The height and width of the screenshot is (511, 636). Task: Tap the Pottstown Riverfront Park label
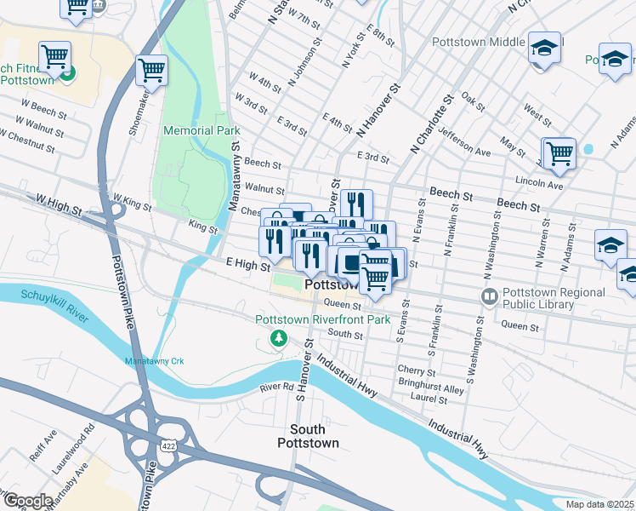click(322, 319)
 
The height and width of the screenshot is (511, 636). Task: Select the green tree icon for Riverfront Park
click(277, 339)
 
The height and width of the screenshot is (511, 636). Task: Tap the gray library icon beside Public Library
click(489, 297)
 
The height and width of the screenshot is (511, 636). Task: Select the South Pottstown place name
click(308, 436)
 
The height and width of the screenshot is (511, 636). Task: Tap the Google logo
click(27, 501)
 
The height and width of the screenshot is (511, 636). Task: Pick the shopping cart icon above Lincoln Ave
click(559, 153)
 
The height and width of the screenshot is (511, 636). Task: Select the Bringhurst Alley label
click(431, 389)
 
